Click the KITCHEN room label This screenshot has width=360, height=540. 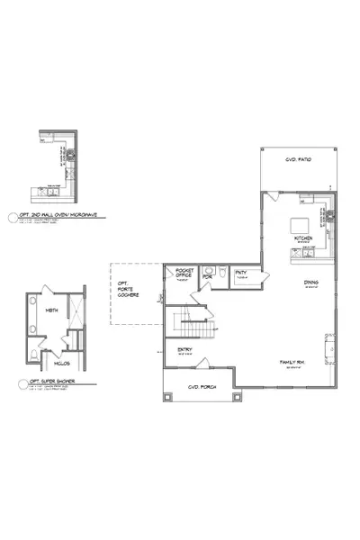[303, 238]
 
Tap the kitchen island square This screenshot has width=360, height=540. [301, 222]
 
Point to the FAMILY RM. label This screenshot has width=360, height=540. [293, 362]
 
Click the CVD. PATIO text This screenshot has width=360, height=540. [296, 159]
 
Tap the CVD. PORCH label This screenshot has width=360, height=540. [197, 388]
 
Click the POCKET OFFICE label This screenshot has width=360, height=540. [184, 273]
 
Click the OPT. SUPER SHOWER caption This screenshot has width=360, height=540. [45, 382]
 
